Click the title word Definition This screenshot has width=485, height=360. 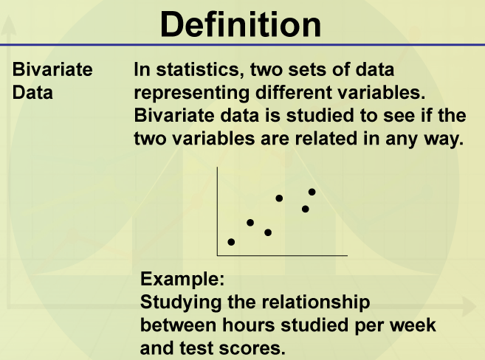click(x=241, y=24)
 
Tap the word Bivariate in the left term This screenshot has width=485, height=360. click(x=52, y=69)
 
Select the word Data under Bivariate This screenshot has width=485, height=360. click(x=32, y=92)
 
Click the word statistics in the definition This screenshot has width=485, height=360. click(x=198, y=69)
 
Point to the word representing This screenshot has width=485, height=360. click(x=191, y=94)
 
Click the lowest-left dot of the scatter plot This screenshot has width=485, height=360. click(x=231, y=242)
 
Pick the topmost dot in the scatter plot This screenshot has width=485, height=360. click(x=312, y=192)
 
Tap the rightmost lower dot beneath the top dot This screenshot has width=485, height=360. click(x=306, y=210)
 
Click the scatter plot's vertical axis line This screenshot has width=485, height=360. click(x=218, y=212)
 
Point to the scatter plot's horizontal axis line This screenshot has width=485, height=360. click(x=283, y=255)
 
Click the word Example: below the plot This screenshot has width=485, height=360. click(x=182, y=279)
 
